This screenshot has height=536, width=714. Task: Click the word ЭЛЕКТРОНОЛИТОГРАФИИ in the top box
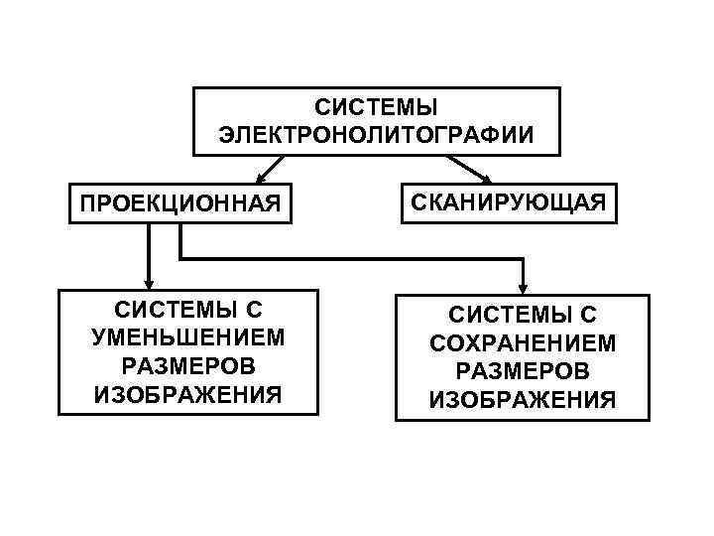pos(376,134)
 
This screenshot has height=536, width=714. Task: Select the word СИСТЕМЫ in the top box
pos(376,106)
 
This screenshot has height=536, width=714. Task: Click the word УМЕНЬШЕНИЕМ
pos(188,337)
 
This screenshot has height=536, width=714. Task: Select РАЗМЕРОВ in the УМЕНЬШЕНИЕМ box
pos(188,366)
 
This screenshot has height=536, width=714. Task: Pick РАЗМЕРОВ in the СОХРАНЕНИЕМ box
pos(523,372)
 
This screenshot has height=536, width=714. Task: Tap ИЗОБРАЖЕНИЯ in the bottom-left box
pos(188,395)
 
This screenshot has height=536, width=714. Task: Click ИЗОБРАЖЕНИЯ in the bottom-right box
pos(523,401)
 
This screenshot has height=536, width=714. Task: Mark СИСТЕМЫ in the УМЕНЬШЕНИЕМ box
pos(188,309)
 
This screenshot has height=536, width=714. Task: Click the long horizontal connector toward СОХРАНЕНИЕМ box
pos(347,260)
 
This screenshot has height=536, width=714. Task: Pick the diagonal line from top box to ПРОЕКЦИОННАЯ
pos(274,167)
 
